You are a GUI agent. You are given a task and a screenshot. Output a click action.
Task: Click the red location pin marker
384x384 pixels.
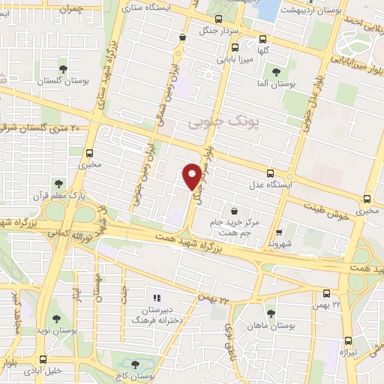193,175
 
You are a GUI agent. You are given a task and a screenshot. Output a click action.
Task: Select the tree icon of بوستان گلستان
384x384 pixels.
63,68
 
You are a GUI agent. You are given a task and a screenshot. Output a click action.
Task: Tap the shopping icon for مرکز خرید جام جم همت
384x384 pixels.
236,212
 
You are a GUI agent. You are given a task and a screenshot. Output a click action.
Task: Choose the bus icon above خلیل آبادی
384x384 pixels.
43,359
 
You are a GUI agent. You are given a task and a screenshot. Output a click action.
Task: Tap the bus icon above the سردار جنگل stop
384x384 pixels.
217,19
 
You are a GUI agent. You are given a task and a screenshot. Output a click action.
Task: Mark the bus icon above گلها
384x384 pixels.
262,39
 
